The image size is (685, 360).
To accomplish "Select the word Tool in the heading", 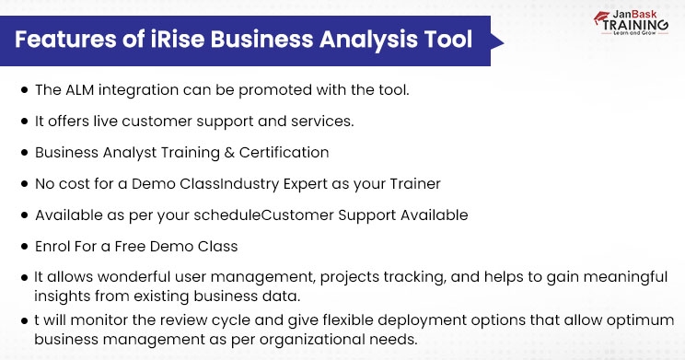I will pos(448,41).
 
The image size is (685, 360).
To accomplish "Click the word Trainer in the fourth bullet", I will pos(414,183).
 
